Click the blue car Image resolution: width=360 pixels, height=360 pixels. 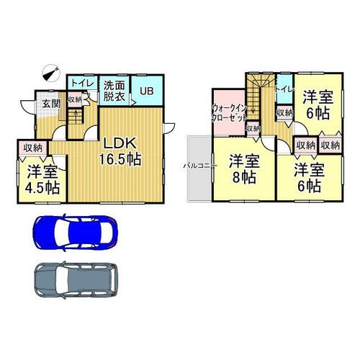75,233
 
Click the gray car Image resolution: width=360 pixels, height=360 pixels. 76,280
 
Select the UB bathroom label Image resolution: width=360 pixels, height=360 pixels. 147,91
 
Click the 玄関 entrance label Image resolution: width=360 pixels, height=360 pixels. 51,104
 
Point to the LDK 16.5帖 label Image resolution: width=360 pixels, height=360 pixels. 120,151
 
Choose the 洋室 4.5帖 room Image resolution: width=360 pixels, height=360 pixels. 42,179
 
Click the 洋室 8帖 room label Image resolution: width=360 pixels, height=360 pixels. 244,169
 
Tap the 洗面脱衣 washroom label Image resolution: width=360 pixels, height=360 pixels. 114,91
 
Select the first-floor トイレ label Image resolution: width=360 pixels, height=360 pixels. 82,83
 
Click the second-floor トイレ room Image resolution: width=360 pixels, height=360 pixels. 284,89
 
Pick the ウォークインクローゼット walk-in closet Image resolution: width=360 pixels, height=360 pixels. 230,112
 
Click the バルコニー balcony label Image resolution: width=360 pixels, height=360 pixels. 200,166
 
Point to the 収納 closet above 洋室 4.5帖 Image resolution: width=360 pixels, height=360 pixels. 33,148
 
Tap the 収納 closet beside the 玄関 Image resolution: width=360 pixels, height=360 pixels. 75,99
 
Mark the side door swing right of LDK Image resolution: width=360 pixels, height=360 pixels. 169,127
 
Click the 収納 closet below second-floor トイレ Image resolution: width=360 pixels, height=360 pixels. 284,113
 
